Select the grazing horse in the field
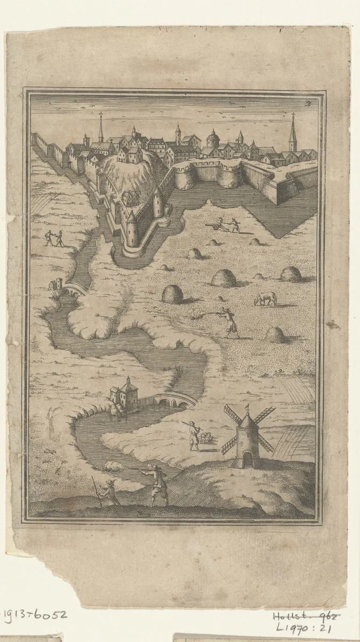tap(265, 299)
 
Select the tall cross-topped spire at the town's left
tap(100, 128)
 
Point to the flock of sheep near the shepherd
tap(206, 439)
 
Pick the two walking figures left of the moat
tap(54, 238)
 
